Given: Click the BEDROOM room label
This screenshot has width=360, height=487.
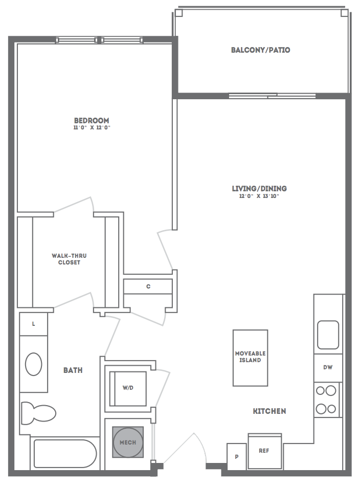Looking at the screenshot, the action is [92, 120].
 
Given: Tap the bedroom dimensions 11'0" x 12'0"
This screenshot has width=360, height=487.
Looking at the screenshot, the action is [92, 128].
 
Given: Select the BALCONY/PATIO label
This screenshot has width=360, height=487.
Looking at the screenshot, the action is [261, 50].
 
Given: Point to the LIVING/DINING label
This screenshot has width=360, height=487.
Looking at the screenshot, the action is [259, 189].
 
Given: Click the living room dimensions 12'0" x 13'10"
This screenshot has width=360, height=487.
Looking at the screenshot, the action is [259, 196].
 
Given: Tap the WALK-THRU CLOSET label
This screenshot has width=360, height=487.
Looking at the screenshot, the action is [69, 259].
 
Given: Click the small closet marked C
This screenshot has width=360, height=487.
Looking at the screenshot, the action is [148, 286].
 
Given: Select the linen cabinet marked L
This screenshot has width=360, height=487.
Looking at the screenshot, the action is [34, 324].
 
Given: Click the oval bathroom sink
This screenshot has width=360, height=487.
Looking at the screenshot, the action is [34, 364].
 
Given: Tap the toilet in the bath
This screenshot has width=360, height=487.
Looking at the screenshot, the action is [38, 413].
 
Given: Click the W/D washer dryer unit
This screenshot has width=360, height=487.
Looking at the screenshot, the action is [127, 388].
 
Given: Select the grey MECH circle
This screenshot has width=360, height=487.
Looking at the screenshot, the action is [128, 442].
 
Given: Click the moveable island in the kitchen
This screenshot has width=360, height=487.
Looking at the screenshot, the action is [250, 358].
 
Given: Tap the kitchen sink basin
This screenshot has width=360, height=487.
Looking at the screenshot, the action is [328, 335].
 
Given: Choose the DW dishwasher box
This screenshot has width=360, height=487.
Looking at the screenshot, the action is [328, 368].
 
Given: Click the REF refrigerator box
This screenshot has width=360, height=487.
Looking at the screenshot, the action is [265, 451].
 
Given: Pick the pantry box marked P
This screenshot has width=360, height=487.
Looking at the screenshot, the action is [237, 456].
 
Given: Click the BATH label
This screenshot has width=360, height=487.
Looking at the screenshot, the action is [73, 370].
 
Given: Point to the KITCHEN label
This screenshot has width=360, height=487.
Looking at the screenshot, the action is [269, 411].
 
